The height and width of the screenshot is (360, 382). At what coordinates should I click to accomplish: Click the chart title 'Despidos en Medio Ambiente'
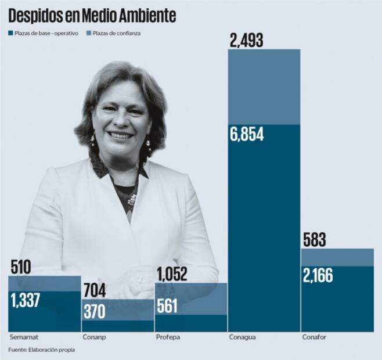pos(92,16)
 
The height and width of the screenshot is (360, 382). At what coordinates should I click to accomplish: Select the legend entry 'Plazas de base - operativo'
pos(44,33)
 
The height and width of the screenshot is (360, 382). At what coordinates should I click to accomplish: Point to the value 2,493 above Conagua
pos(247,40)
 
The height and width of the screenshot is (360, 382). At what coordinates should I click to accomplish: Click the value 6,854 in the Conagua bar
pos(247,135)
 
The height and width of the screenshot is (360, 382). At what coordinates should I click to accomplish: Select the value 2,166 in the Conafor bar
pos(318,276)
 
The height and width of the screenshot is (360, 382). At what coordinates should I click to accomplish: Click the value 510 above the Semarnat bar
pos(21,268)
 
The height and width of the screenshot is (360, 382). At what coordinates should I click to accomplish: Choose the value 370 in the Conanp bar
pos(94,311)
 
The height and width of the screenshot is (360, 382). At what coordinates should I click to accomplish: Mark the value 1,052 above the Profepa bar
pos(172,275)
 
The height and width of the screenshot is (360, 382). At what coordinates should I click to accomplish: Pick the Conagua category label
pos(243,337)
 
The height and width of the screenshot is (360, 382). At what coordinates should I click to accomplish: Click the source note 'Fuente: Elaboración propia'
pos(42,350)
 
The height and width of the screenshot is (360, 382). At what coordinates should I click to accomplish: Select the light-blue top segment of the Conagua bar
pos(264,87)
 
